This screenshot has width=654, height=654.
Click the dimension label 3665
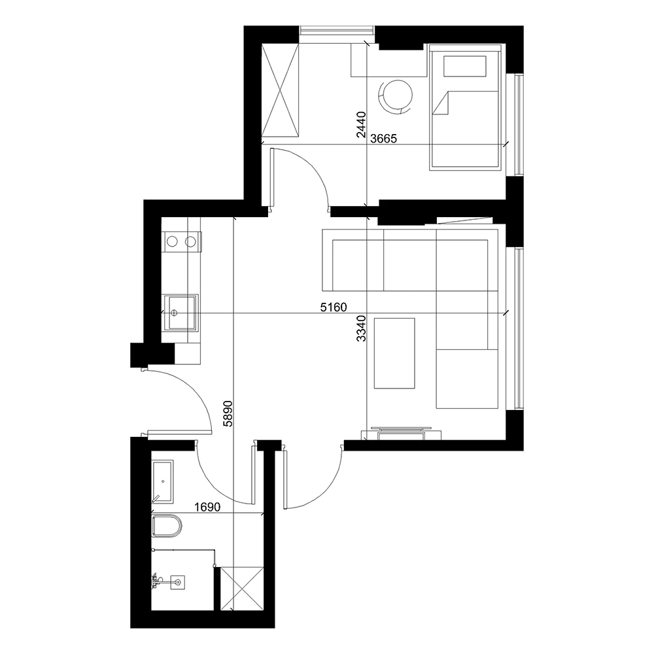pos(384,138)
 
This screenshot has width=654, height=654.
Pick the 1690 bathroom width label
pos(206,506)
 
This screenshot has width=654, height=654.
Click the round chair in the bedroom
pos(396,95)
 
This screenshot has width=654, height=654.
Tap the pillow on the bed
pos(465,66)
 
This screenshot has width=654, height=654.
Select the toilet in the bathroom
pos(167,525)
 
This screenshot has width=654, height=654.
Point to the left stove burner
pos(172,242)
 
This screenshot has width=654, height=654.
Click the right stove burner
pos(190,242)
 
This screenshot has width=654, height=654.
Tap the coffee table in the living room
pos(394,353)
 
